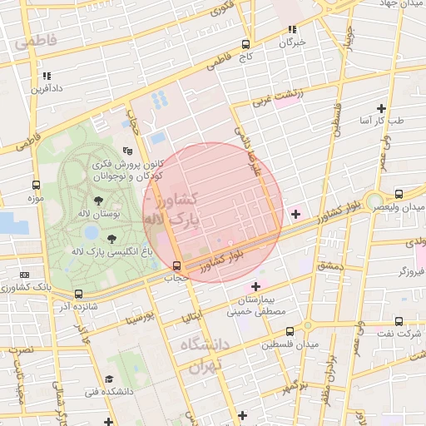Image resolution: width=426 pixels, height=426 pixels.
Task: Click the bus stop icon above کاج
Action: (x=245, y=45)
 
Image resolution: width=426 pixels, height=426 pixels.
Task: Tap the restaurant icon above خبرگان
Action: (x=292, y=31)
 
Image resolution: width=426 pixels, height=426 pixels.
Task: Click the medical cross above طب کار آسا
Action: (x=382, y=108)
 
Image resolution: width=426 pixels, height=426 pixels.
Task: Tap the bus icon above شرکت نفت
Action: (x=399, y=321)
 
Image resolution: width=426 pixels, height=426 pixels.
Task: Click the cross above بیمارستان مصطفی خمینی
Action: (x=256, y=286)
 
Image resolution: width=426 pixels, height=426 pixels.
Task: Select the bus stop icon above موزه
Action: (x=35, y=186)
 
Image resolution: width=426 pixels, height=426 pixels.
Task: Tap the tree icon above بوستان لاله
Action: (x=100, y=200)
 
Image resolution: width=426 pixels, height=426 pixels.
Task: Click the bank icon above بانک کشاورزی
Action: (x=24, y=275)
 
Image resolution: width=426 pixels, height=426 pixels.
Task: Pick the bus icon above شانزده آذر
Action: (x=78, y=294)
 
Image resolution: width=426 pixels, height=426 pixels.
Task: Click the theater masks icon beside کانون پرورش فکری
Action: (x=126, y=151)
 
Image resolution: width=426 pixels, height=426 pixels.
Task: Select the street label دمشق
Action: (x=329, y=265)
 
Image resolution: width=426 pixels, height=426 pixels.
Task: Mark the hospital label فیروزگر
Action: (x=413, y=271)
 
